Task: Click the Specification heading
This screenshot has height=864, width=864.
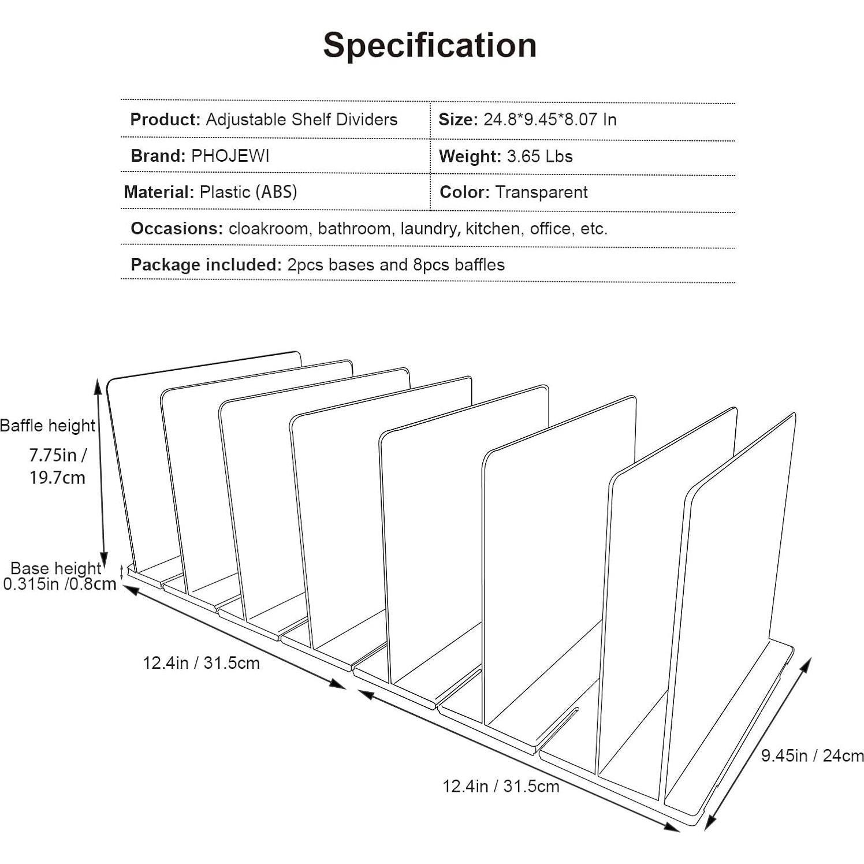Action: [430, 45]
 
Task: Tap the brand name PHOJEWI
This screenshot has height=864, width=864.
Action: [230, 156]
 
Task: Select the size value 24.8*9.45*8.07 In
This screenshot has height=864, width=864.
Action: [550, 120]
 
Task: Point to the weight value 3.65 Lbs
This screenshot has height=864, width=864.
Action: [539, 157]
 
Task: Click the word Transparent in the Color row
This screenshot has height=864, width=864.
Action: [541, 192]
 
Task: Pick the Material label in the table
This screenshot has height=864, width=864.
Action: [159, 192]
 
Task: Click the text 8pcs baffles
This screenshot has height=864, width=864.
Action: [459, 265]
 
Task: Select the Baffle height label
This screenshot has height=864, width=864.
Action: [47, 426]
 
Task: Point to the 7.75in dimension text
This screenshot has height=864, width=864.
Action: [58, 455]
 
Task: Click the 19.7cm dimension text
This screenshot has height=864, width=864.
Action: [57, 478]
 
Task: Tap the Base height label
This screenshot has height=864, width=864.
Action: [55, 568]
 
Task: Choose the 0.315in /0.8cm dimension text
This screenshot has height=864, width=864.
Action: [59, 584]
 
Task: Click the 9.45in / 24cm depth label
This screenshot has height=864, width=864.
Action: [812, 755]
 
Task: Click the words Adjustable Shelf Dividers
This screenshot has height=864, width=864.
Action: [301, 120]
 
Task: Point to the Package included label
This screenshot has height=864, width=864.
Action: [206, 265]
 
